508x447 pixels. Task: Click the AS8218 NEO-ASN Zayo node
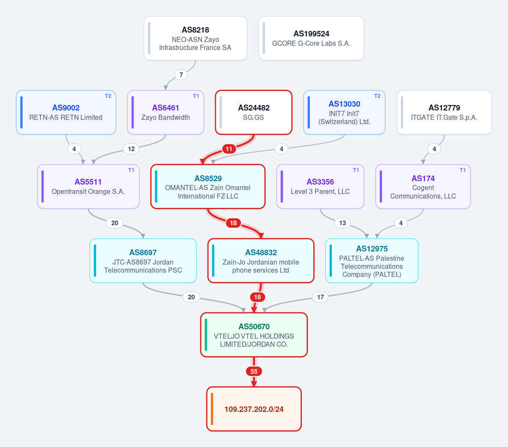(195, 38)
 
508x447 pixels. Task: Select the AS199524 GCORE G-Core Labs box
(311, 38)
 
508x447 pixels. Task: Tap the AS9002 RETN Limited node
(66, 112)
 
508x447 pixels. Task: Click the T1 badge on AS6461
(196, 96)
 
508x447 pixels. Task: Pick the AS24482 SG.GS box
(254, 112)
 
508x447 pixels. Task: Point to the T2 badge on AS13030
(377, 96)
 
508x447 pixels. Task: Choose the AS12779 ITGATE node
(444, 112)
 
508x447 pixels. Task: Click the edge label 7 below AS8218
(181, 74)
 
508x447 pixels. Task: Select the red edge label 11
(229, 149)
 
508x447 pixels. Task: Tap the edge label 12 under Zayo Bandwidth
(131, 149)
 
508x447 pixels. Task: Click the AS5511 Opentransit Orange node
(88, 187)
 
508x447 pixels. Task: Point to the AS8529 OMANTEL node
(208, 187)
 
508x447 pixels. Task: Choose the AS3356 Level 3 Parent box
(320, 187)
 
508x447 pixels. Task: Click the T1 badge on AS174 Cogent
(463, 170)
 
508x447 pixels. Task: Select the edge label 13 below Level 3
(342, 223)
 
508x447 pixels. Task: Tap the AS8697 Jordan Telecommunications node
(143, 261)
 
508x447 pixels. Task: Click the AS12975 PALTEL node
(372, 261)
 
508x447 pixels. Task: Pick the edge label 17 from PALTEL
(320, 297)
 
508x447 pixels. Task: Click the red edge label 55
(254, 371)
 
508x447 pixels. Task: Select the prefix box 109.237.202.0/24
(254, 409)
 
